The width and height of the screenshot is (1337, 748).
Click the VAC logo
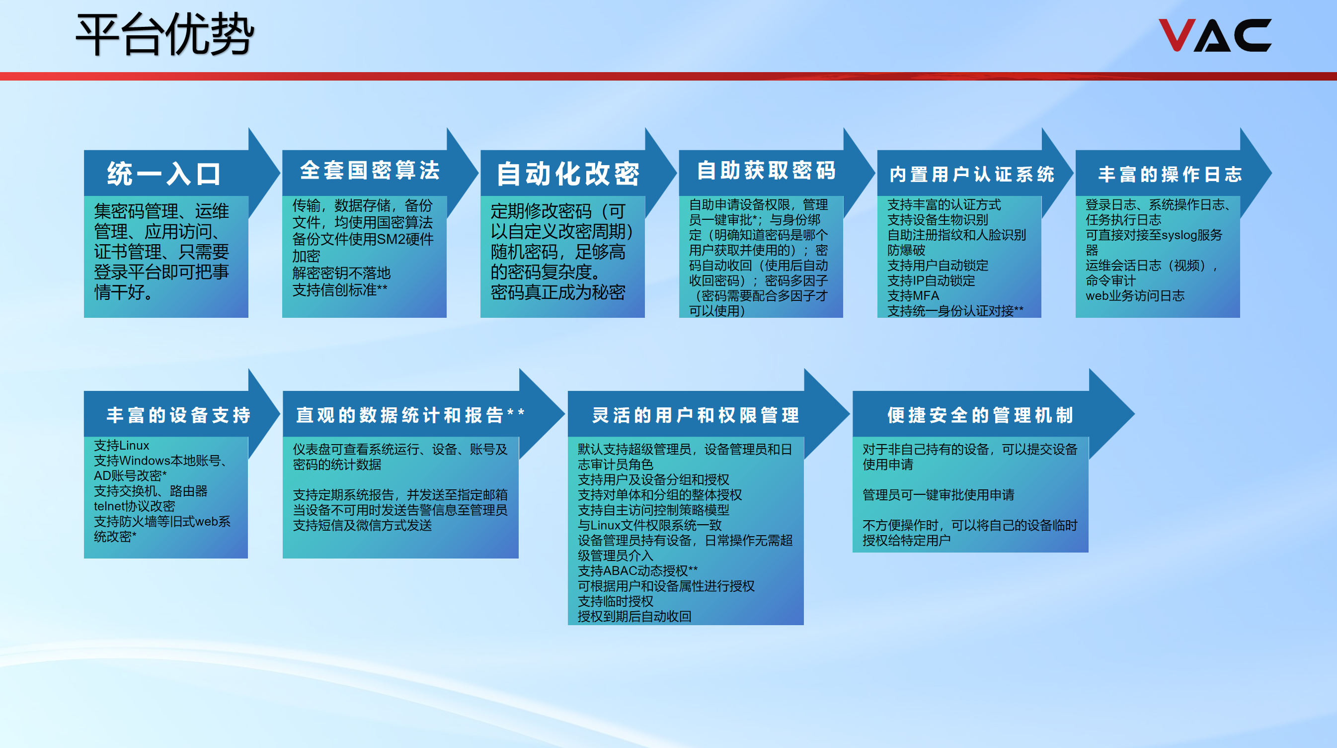1214,35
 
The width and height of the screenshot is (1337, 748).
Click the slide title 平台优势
165,35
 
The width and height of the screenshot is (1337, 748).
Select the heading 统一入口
164,174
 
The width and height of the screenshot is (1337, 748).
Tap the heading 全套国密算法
370,171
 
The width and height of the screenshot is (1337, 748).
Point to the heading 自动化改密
568,174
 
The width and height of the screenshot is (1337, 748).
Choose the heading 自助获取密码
766,171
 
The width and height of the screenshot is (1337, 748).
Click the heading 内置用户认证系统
972,175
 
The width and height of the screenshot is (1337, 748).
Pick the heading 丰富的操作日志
1170,175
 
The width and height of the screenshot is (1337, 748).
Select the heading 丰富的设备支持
178,415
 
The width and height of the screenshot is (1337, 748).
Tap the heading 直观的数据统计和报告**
410,415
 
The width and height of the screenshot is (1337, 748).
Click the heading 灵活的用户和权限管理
696,415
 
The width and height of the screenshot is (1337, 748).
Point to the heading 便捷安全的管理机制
980,415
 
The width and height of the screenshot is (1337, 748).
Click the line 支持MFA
913,295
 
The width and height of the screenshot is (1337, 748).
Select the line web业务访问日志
1135,295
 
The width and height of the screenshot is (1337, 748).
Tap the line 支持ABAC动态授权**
637,570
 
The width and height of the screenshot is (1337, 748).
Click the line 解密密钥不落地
341,273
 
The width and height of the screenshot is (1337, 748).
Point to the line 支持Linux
121,445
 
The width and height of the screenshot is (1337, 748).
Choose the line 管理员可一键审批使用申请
938,494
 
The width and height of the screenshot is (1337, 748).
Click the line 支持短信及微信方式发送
362,525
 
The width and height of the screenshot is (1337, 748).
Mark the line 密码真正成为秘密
557,292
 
